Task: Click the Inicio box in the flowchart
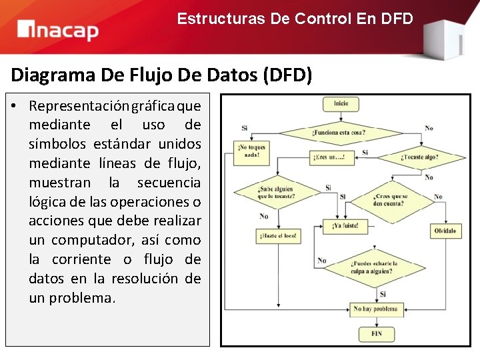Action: coord(341,103)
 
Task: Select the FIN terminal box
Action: coord(376,333)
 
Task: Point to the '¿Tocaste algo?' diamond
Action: coord(420,157)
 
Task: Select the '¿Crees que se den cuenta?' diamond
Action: coord(391,199)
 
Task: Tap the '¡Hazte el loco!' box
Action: coord(276,236)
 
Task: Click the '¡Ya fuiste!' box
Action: coord(345,226)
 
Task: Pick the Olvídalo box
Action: coord(445,231)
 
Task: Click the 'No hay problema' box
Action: coord(376,309)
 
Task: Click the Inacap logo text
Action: coord(59,30)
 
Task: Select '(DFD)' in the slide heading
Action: coord(287,75)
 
